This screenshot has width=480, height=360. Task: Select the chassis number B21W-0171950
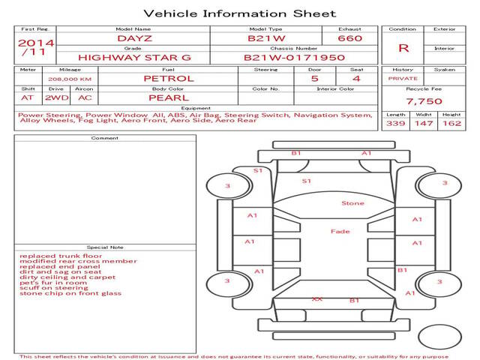pyautogui.click(x=294, y=57)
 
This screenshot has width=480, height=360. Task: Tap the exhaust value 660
pyautogui.click(x=349, y=37)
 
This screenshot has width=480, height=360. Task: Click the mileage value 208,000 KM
pyautogui.click(x=70, y=78)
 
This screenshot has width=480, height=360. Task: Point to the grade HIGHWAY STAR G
pyautogui.click(x=135, y=57)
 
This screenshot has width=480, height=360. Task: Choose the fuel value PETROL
pyautogui.click(x=169, y=78)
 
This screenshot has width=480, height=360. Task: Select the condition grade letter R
pyautogui.click(x=403, y=48)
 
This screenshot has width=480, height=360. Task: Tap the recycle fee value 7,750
pyautogui.click(x=424, y=101)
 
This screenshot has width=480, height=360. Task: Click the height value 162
pyautogui.click(x=451, y=123)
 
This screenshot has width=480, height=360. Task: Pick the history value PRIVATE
pyautogui.click(x=403, y=78)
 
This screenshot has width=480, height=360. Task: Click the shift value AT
pyautogui.click(x=28, y=97)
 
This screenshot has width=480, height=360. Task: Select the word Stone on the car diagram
pyautogui.click(x=352, y=203)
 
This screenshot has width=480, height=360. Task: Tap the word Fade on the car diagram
pyautogui.click(x=340, y=232)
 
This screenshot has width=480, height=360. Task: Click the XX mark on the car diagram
pyautogui.click(x=317, y=298)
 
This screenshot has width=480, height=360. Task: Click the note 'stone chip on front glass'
pyautogui.click(x=70, y=293)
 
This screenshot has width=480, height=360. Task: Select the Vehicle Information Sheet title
pyautogui.click(x=239, y=13)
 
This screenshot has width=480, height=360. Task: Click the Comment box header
pyautogui.click(x=105, y=138)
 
